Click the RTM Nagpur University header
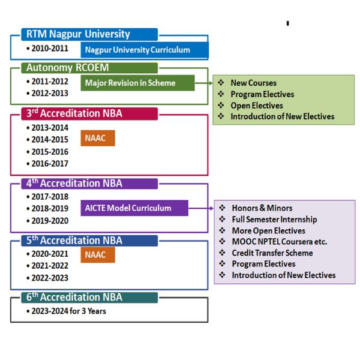(x=89, y=34)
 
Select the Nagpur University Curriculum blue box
(x=145, y=50)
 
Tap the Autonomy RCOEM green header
(x=89, y=68)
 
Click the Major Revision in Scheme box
(x=137, y=83)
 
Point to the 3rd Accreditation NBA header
(x=89, y=113)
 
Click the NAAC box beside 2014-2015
(x=98, y=138)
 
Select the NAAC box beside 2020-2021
(x=98, y=254)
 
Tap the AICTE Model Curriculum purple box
(x=134, y=208)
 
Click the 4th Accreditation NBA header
(x=89, y=184)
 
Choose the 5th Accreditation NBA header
(x=89, y=241)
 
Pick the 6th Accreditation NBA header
(x=89, y=298)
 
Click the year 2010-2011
(x=47, y=49)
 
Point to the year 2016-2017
(x=47, y=164)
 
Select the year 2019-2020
(x=47, y=221)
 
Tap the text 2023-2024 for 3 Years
(x=67, y=311)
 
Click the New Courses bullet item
(x=247, y=83)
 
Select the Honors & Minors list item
(x=256, y=208)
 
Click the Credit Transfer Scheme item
(x=266, y=253)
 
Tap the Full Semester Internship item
(x=268, y=219)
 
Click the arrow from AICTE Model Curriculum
(x=201, y=208)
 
